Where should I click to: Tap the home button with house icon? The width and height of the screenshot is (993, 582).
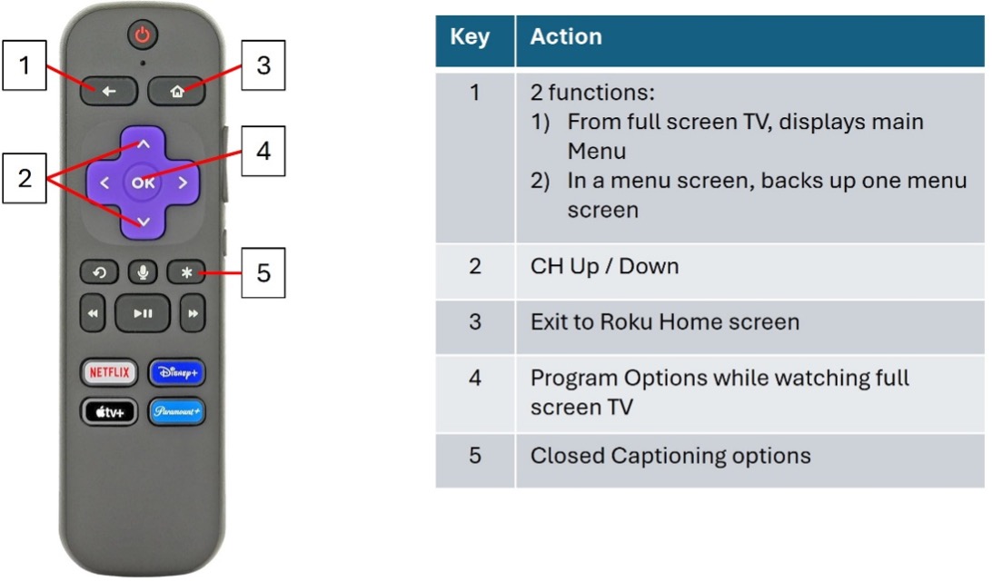click(178, 91)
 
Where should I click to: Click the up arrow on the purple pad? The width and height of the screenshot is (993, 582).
click(143, 143)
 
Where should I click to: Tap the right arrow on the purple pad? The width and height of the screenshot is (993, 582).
click(183, 182)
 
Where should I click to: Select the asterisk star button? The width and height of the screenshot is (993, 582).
click(185, 272)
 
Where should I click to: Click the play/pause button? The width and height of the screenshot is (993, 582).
click(143, 313)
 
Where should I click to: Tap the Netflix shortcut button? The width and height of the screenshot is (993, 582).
click(108, 371)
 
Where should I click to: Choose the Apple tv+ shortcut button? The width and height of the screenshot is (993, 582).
click(108, 411)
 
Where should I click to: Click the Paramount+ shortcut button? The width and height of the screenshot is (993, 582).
click(177, 411)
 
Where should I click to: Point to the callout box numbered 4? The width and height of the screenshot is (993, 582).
click(263, 150)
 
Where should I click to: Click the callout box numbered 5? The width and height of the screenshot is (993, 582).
click(263, 272)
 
